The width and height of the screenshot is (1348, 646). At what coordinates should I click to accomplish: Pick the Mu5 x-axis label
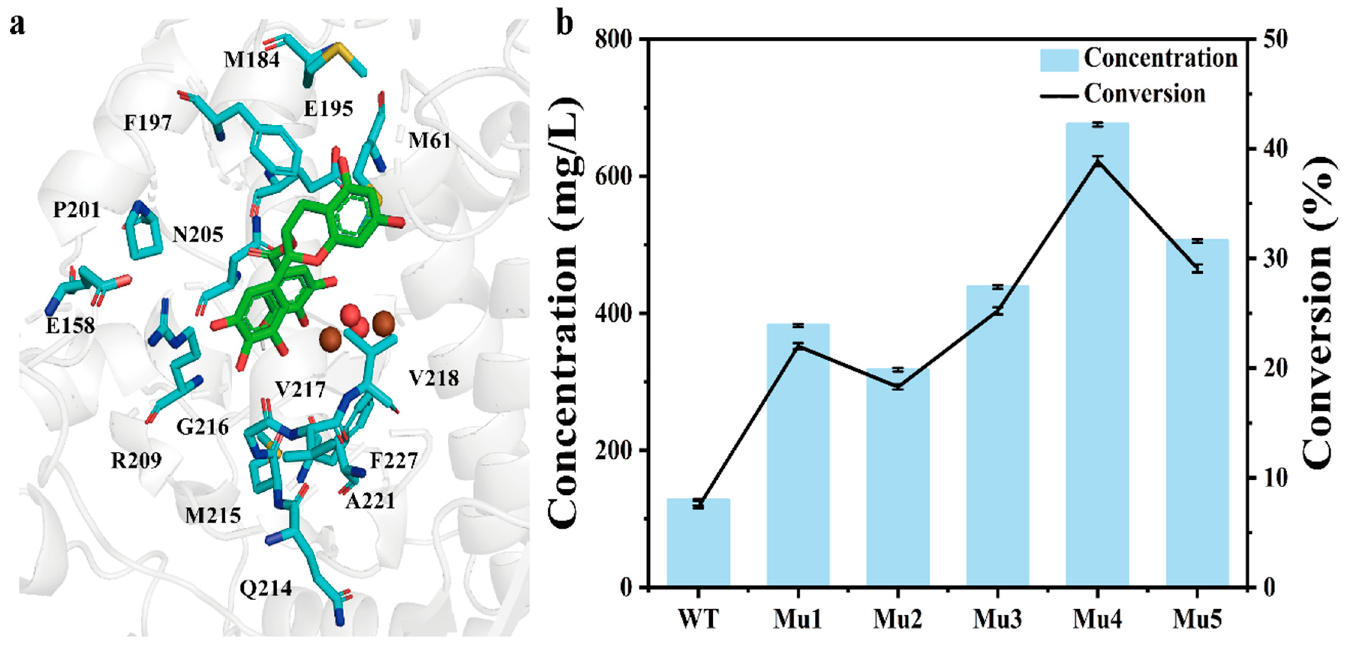(x=1197, y=619)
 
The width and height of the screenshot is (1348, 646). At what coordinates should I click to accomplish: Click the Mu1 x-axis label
(x=797, y=619)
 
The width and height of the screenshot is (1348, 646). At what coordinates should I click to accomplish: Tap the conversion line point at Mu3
(x=997, y=311)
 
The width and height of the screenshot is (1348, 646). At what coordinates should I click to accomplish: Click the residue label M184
(x=252, y=60)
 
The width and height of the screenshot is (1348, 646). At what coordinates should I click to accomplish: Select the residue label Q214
(x=265, y=589)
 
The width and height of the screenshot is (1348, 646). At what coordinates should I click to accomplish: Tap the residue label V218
(x=434, y=378)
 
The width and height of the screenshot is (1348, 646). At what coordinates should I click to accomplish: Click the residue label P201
(x=77, y=210)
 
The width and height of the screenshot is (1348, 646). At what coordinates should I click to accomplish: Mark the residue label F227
(x=394, y=461)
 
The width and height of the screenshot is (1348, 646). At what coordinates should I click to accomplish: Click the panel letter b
(x=564, y=24)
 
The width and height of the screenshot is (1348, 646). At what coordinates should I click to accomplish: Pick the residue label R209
(x=136, y=461)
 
